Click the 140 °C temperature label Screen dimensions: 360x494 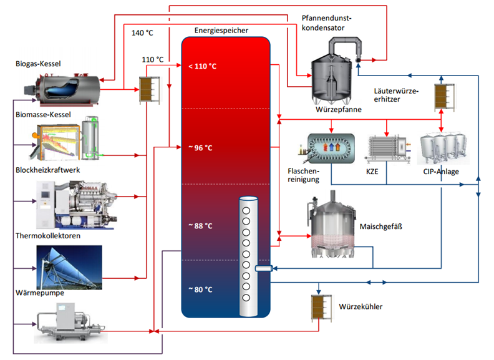143,32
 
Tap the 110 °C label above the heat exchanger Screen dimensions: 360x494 153,59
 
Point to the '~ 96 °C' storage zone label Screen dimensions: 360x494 200,148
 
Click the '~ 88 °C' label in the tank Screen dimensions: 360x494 200,226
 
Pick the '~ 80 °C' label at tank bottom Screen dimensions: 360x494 200,289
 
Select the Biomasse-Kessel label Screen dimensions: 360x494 43,115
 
